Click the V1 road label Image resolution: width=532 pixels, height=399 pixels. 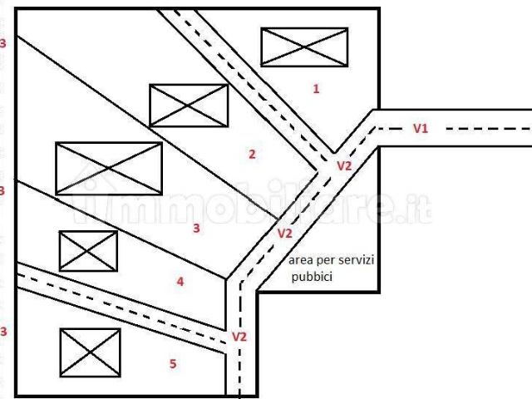(421, 129)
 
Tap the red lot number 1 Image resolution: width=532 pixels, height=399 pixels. (316, 89)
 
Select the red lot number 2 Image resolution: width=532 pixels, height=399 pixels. (252, 155)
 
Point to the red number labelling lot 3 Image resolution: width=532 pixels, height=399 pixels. (196, 228)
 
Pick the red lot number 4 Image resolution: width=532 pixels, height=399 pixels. (180, 282)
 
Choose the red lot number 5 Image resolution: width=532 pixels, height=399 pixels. (173, 364)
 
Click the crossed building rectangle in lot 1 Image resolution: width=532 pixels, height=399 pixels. (304, 47)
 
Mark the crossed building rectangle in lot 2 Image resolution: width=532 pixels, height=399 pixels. (189, 106)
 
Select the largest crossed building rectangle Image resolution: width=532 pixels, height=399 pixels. (109, 168)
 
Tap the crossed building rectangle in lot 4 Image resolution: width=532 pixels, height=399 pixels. (88, 251)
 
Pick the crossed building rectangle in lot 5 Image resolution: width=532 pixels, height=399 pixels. (91, 352)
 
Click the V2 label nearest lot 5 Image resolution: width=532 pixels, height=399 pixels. (239, 337)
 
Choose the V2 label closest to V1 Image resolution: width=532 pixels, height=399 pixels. (344, 166)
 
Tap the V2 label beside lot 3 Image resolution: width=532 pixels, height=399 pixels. (284, 234)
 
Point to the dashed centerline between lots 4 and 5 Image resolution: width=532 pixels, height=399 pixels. (121, 308)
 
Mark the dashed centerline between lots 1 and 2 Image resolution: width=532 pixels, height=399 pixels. (252, 86)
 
